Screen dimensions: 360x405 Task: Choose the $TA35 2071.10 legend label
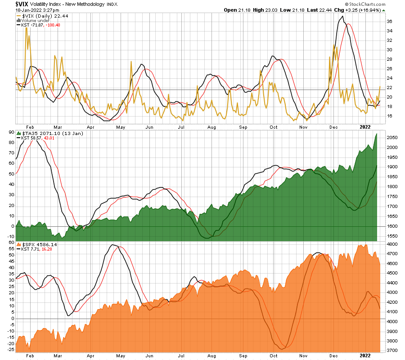tap(40, 133)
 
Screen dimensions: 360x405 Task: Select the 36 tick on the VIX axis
tap(389, 21)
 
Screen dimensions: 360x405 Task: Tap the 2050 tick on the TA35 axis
tap(391, 138)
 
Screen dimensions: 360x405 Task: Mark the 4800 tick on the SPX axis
tap(391, 244)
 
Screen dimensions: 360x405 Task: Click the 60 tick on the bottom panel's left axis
tap(11, 243)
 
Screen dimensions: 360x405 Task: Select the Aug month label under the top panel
tap(211, 127)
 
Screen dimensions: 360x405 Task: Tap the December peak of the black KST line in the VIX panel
tap(343, 17)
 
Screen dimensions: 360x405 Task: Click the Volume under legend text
tap(34, 20)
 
